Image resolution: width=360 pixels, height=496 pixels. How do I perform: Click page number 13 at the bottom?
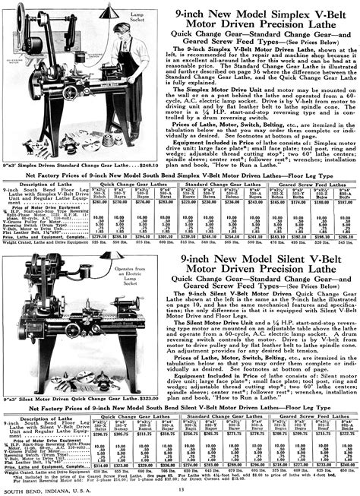tap(180, 488)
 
